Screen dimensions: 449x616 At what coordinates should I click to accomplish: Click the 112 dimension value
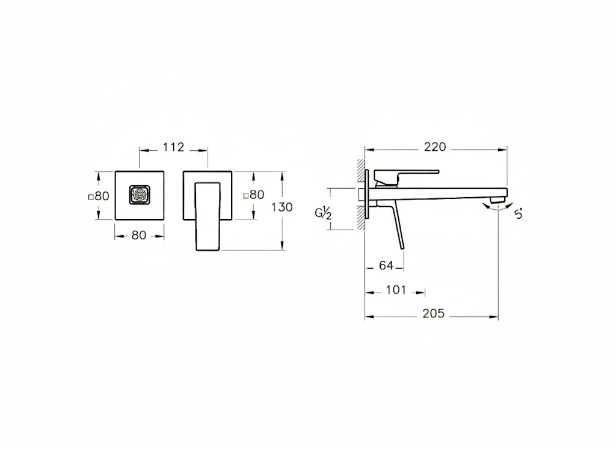point(173,148)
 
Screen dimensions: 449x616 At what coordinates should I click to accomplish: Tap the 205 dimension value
point(434,314)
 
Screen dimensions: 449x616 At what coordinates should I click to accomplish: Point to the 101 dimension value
point(395,290)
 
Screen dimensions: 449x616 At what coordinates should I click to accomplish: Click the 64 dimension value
point(386,264)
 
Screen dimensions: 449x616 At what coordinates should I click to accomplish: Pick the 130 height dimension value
point(282,207)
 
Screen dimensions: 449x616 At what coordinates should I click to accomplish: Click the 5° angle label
point(519,213)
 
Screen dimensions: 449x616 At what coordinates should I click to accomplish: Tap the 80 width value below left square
point(139,236)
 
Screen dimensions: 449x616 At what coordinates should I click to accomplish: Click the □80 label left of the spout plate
point(99,195)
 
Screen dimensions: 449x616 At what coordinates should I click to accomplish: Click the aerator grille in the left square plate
point(140,195)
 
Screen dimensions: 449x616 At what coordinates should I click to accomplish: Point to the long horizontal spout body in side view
point(433,194)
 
